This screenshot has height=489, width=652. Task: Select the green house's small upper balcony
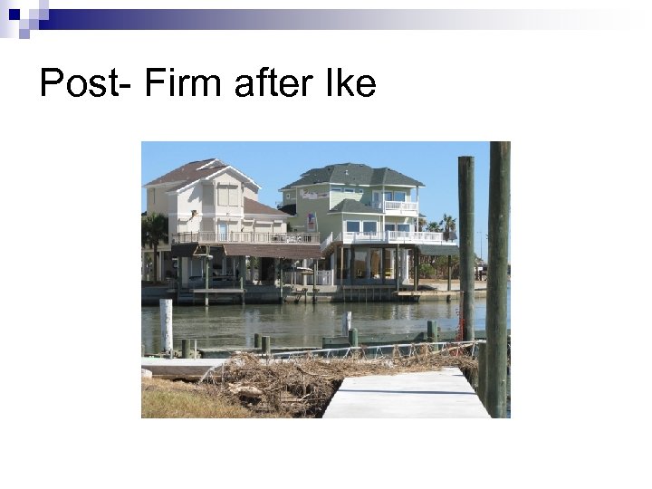(399, 206)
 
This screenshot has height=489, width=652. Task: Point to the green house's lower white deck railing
(398, 236)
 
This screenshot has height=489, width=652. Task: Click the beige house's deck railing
(244, 237)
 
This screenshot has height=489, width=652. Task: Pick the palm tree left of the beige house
(154, 231)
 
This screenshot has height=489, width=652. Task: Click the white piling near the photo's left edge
(166, 324)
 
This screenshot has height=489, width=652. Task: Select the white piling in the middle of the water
(347, 321)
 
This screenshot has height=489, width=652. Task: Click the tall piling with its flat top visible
(466, 244)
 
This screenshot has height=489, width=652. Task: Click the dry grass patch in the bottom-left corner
(172, 398)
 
